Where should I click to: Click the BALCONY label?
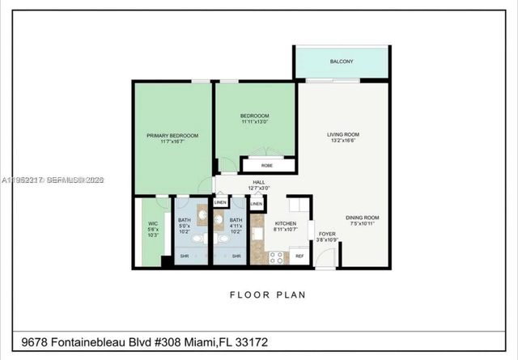click(341, 61)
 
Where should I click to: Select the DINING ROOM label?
click(363, 218)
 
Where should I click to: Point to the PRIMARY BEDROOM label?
click(172, 135)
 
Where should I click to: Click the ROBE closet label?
click(256, 164)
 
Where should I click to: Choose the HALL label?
click(259, 183)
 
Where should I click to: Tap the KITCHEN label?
click(285, 223)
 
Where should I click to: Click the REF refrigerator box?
click(299, 256)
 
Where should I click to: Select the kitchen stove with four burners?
click(277, 257)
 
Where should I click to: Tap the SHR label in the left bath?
click(185, 256)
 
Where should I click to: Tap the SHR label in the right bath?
click(237, 256)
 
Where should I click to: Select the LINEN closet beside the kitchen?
click(257, 205)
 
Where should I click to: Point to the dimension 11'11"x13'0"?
click(254, 122)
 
